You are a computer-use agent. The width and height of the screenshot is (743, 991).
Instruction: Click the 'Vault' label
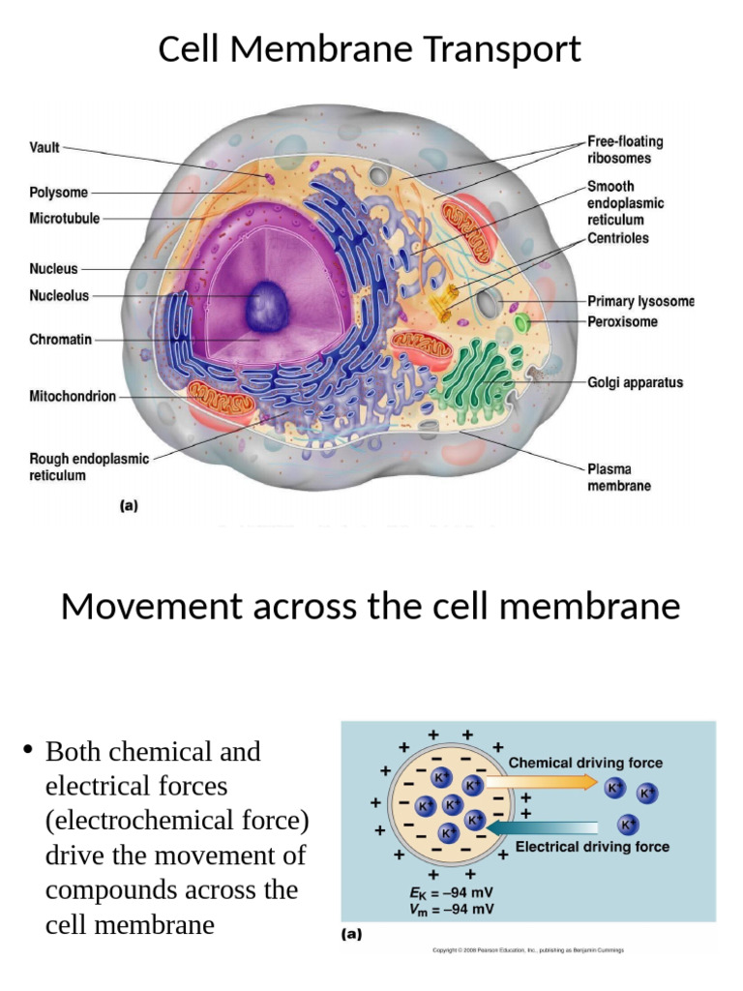[45, 148]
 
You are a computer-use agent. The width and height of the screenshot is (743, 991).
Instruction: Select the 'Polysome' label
[58, 193]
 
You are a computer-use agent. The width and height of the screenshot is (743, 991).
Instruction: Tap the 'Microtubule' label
[65, 219]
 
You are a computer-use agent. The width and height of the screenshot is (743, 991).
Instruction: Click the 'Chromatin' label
[60, 340]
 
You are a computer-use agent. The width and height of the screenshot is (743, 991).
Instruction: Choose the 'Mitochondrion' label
[72, 396]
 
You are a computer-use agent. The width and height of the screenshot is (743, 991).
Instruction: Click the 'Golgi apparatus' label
[635, 382]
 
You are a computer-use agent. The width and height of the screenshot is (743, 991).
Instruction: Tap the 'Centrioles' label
[618, 238]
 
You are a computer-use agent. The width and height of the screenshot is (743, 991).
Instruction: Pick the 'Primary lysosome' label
[640, 301]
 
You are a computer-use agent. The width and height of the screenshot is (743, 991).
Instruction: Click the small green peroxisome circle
[522, 322]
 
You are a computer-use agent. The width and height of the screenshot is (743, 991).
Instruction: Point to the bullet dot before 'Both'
[28, 750]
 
